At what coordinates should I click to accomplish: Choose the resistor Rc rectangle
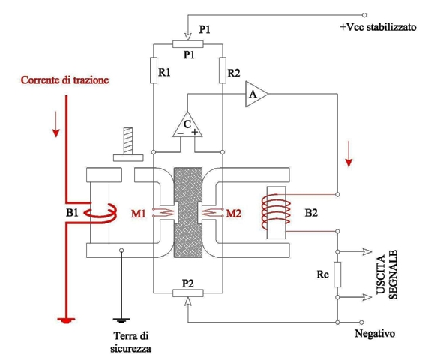click(337, 275)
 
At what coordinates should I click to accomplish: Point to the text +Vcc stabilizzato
click(376, 28)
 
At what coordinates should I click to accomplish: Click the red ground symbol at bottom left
click(67, 320)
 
